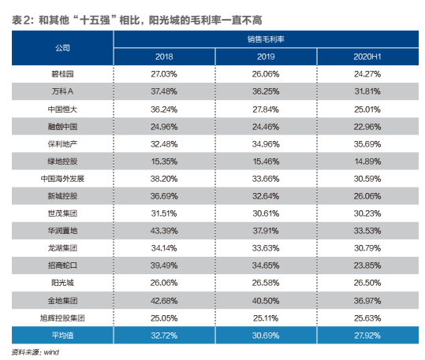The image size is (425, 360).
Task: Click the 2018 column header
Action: pyautogui.click(x=165, y=57)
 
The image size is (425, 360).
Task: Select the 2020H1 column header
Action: pyautogui.click(x=363, y=57)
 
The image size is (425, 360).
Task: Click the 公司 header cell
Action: pyautogui.click(x=62, y=47)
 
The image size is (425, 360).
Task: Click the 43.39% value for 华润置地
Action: pyautogui.click(x=165, y=230)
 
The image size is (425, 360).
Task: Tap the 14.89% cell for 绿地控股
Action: pyautogui.click(x=363, y=161)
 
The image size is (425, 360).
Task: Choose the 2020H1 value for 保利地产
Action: pyautogui.click(x=363, y=143)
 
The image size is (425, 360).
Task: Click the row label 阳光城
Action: pyautogui.click(x=62, y=282)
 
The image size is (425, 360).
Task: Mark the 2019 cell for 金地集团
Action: pyautogui.click(x=264, y=299)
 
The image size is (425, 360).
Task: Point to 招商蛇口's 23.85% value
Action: pyautogui.click(x=363, y=265)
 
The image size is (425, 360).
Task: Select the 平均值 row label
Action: pyautogui.click(x=62, y=335)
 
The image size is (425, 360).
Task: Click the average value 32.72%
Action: pyautogui.click(x=165, y=335)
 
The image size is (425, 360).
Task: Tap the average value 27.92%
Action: pyautogui.click(x=363, y=335)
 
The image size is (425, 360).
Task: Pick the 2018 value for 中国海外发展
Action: pyautogui.click(x=165, y=178)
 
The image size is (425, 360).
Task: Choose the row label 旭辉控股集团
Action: pyautogui.click(x=62, y=317)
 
